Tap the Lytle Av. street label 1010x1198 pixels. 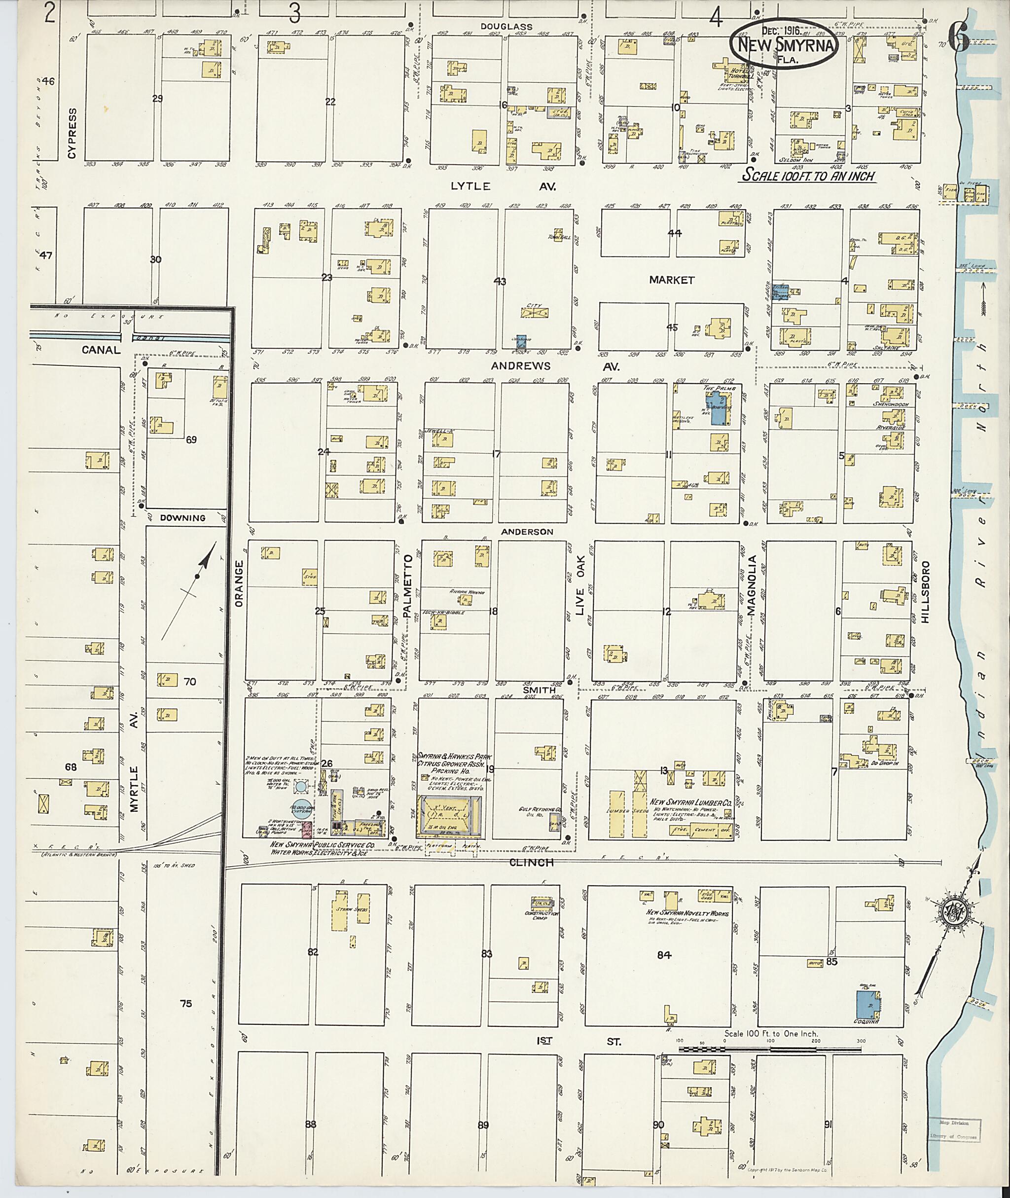(x=502, y=186)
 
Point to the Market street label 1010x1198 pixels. (x=672, y=280)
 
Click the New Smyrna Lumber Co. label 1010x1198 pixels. (x=690, y=803)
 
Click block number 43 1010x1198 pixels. (x=500, y=282)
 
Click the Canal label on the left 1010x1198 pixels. (x=101, y=349)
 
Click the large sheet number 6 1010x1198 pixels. (x=958, y=39)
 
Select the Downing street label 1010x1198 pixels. (x=182, y=518)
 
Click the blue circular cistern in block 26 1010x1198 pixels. (x=303, y=807)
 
